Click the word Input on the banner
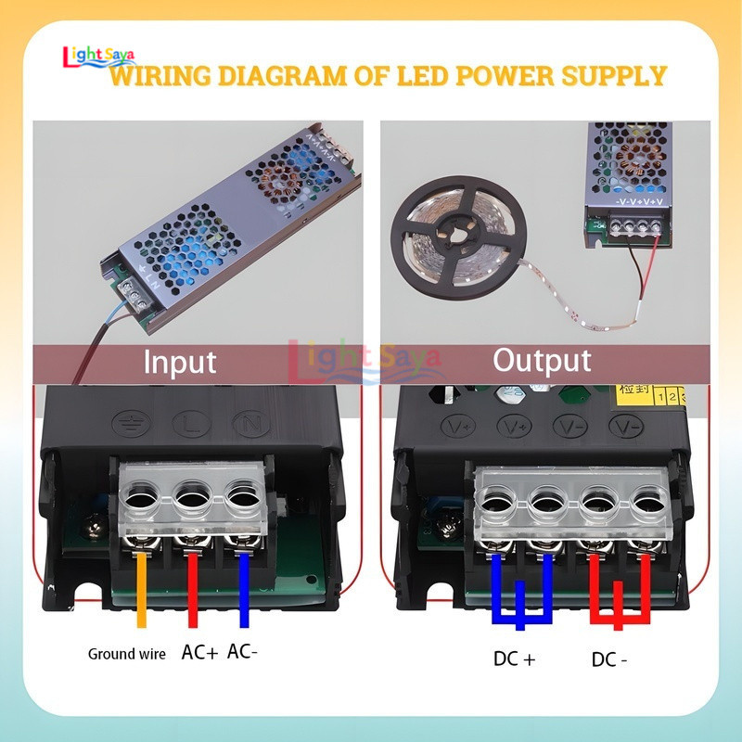coord(179,361)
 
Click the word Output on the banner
coord(542,360)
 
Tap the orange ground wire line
coord(141,589)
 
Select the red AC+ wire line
coord(192,589)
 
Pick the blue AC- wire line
coord(244,589)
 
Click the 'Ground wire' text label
coord(126,654)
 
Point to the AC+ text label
coord(199,653)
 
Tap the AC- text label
coord(242,652)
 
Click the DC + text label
coord(515,660)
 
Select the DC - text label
coord(609,660)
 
